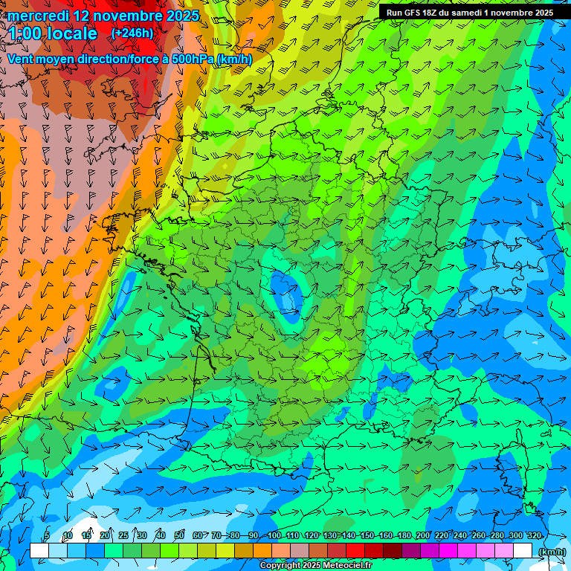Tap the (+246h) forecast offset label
click(133, 33)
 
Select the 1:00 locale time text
click(53, 33)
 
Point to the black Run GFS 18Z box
click(469, 12)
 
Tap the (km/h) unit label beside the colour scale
click(551, 552)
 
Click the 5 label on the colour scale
click(47, 535)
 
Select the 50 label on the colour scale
click(178, 535)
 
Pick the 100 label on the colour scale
click(274, 535)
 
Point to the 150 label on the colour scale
click(367, 535)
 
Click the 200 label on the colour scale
click(423, 535)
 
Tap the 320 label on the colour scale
click(534, 535)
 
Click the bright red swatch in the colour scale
click(355, 551)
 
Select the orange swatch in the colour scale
click(262, 551)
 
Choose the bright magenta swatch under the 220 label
click(448, 551)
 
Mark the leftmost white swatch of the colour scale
click(39, 551)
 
